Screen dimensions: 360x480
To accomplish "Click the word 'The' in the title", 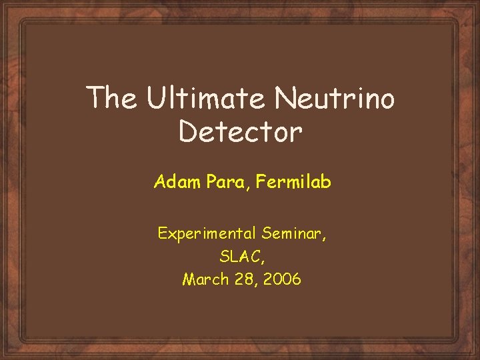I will [112, 99].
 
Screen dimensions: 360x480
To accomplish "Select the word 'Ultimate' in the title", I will [206, 99].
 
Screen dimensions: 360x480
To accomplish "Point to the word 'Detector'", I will [241, 132].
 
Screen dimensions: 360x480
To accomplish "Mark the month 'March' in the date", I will [203, 279].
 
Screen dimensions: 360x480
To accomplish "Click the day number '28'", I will [243, 279].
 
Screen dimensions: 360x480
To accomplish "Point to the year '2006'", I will [283, 279].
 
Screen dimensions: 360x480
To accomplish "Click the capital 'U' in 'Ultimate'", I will [155, 99].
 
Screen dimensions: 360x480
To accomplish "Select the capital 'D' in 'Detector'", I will [189, 132].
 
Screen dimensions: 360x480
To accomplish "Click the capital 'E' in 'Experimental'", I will [162, 233].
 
